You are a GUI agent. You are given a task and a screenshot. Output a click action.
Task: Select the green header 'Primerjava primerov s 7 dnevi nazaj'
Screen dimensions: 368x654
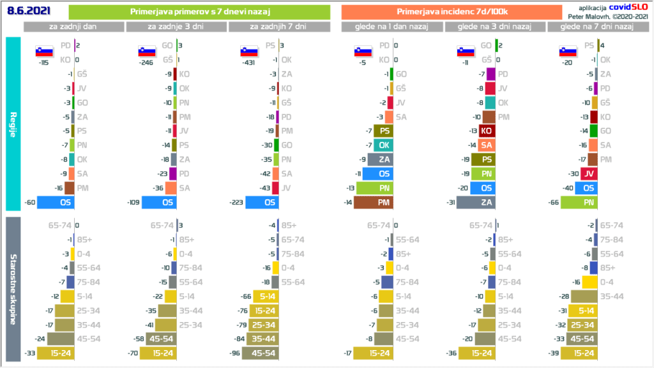pos(199,12)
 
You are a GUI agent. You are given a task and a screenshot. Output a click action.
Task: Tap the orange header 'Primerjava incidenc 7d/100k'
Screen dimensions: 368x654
pos(452,12)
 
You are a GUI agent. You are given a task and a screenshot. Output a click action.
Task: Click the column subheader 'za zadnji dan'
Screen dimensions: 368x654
pos(73,27)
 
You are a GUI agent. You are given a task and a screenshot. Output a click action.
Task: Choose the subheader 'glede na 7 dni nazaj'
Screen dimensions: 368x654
pos(597,27)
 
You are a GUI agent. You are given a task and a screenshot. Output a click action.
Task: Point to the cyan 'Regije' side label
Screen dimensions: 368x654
pos(13,124)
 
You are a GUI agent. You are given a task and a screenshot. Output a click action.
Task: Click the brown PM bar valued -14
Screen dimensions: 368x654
pos(374,203)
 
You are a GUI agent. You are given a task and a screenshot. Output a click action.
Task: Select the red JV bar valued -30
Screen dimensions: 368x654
pos(589,173)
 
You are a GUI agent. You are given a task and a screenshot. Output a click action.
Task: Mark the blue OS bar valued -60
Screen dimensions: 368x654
pos(56,203)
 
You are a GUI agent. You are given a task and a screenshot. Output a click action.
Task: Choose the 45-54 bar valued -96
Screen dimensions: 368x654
pos(260,352)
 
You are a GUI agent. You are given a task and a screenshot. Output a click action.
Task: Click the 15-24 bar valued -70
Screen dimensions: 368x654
pos(159,352)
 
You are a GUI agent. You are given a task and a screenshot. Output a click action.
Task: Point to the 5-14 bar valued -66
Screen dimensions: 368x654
pos(264,296)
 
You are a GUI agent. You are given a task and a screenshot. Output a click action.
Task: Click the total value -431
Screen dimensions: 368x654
pos(248,63)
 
